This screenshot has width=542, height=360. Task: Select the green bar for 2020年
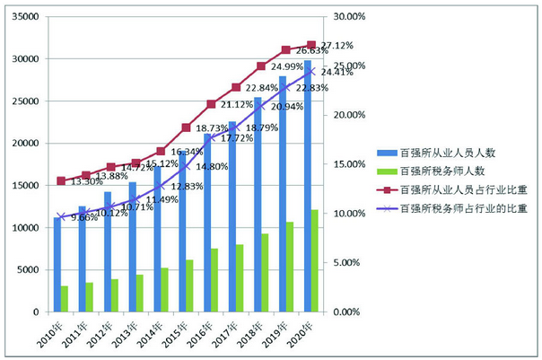[x=314, y=261]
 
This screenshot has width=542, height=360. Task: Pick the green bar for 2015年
[x=188, y=286]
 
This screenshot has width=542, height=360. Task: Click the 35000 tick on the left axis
[x=24, y=17]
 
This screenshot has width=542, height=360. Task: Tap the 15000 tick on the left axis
[x=24, y=186]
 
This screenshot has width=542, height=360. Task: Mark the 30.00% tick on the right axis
[x=350, y=17]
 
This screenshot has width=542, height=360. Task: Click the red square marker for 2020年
[x=311, y=45]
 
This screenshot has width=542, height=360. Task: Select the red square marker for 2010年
[x=60, y=180]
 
